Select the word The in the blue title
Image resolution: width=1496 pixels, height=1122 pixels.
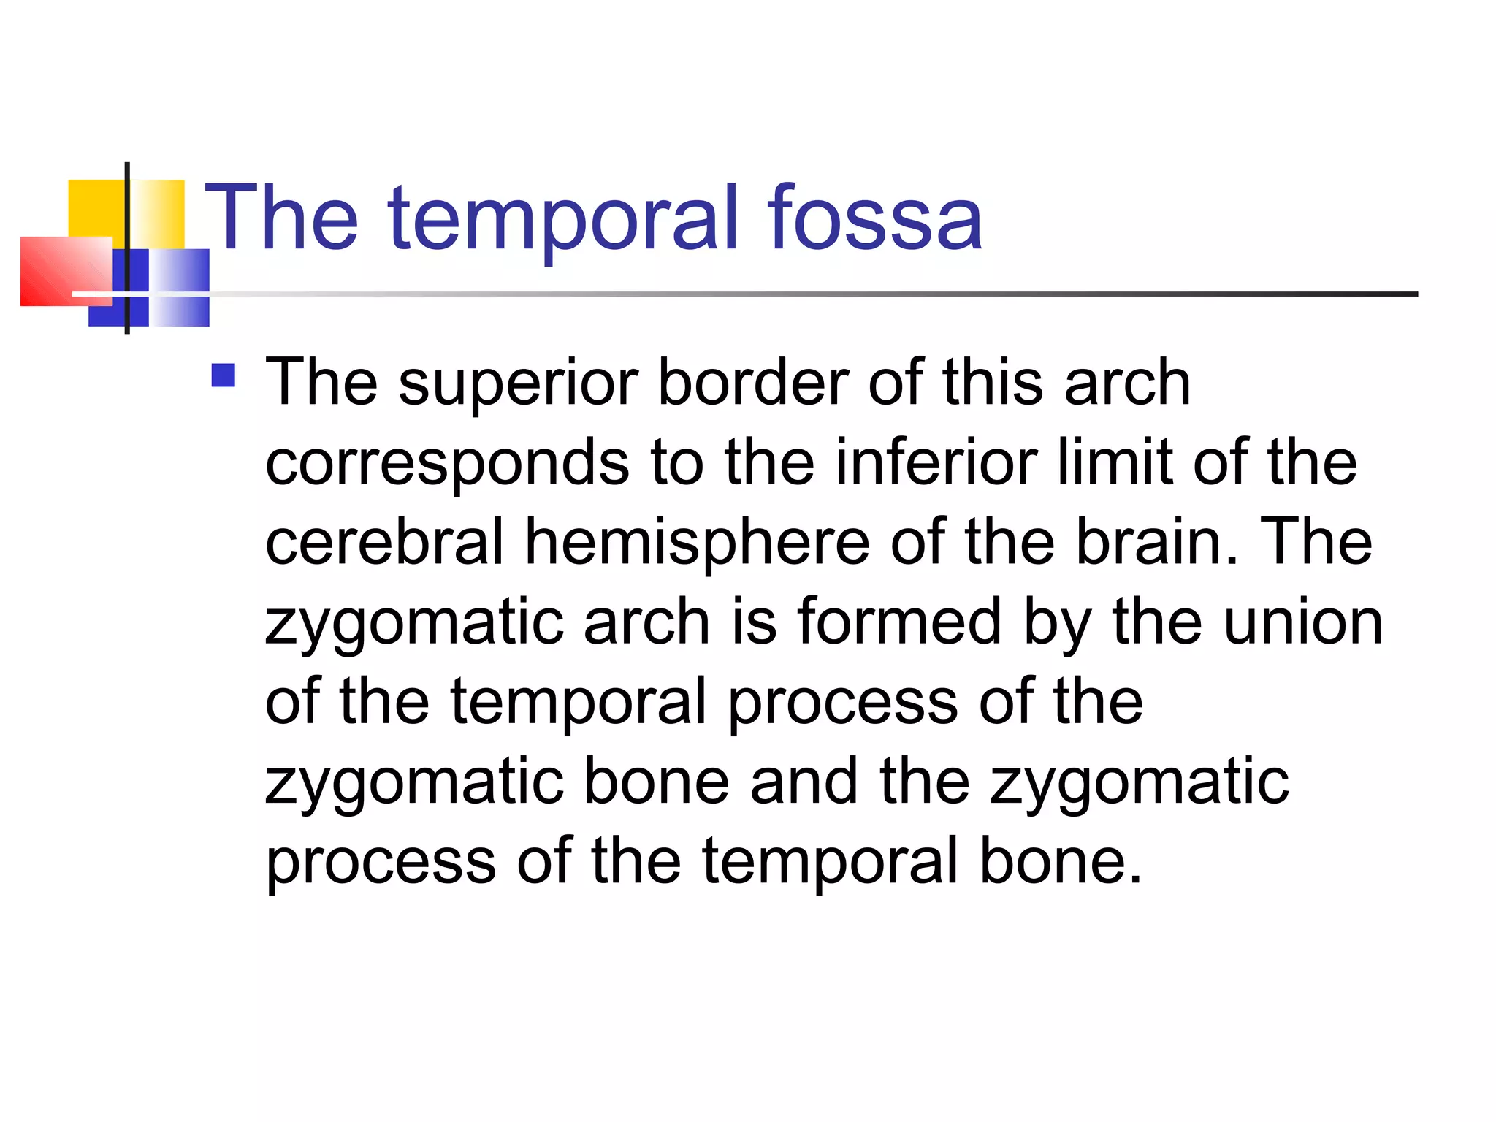(x=282, y=217)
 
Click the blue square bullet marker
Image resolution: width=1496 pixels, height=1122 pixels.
(x=223, y=375)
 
